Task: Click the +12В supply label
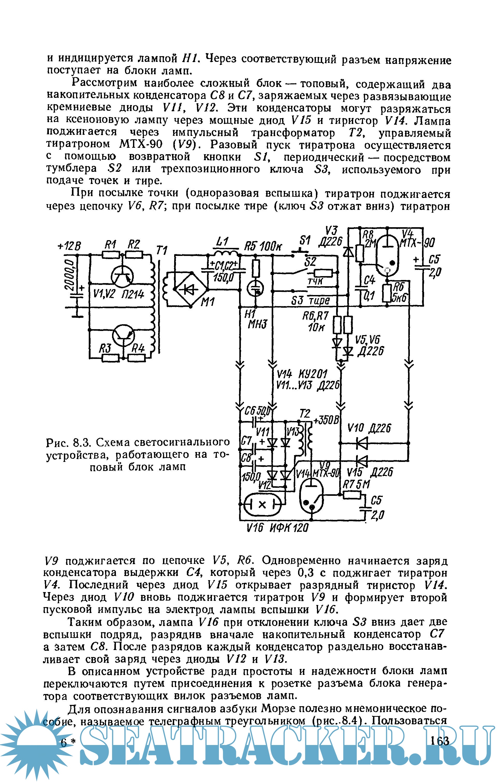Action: (x=69, y=246)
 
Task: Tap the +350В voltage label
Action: (x=326, y=420)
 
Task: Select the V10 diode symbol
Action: (x=362, y=443)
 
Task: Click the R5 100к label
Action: (x=263, y=246)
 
